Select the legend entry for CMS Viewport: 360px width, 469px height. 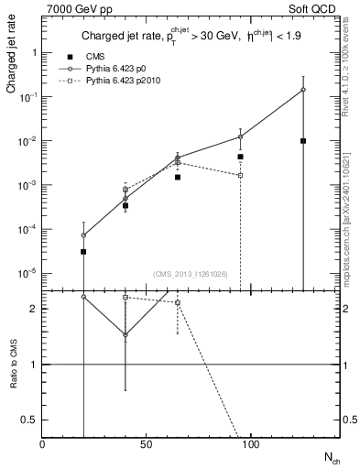click(x=93, y=58)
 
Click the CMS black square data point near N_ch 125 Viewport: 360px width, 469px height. click(x=302, y=141)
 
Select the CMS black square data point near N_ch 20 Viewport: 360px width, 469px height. click(x=83, y=251)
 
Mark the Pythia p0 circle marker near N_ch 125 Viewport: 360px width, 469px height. click(x=302, y=90)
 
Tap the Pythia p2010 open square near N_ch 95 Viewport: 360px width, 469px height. click(x=240, y=175)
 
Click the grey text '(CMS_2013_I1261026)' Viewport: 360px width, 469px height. click(x=191, y=274)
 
